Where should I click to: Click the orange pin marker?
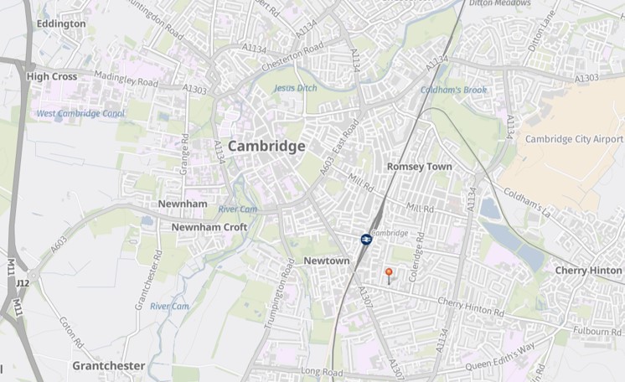point(388,272)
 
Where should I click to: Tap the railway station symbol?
point(366,240)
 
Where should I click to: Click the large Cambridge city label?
point(266,146)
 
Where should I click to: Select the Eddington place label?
point(61,24)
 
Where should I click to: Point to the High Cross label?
point(52,76)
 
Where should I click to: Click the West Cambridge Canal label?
point(80,113)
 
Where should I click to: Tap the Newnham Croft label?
point(209,227)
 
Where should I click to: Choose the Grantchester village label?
point(109,366)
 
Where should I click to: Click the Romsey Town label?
point(419,167)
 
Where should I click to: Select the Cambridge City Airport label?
point(574,139)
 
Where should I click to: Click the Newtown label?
point(326,261)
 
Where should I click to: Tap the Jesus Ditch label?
point(295,88)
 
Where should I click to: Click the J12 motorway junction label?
point(23,283)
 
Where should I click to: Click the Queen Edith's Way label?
point(500,357)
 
